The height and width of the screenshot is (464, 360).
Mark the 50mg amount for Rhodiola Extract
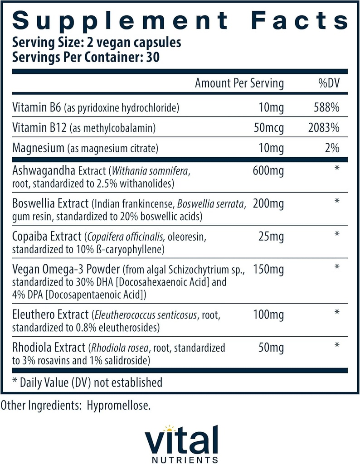[272, 348]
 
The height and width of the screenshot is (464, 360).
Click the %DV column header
[328, 83]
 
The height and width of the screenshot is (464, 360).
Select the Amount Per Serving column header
[239, 83]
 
